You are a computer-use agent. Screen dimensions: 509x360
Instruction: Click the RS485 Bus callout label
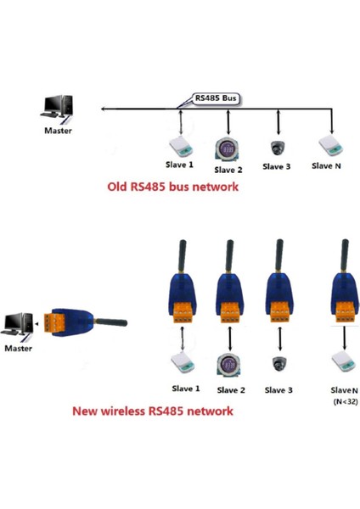coord(217,98)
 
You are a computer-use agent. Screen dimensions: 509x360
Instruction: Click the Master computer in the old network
coord(59,107)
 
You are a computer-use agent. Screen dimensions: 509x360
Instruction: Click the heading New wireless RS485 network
coord(152,411)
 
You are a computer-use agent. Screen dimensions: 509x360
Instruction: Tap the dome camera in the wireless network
coord(277,364)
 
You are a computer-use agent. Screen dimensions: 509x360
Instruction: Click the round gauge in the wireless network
coord(227,363)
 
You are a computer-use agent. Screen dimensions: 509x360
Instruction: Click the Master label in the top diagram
coord(58,131)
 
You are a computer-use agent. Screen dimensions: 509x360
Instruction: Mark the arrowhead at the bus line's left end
coord(103,109)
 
